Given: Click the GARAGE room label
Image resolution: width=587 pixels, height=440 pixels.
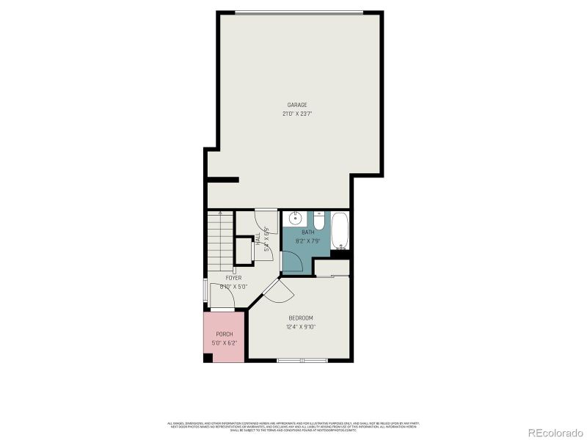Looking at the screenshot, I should tap(296, 105).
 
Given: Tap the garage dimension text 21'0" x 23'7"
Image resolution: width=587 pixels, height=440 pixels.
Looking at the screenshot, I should tap(296, 114).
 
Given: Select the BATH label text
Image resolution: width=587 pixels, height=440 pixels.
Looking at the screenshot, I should tap(307, 232).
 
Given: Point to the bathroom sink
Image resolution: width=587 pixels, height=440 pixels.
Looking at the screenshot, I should tap(294, 218).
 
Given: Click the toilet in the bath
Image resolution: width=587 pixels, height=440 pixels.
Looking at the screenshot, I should tap(319, 219).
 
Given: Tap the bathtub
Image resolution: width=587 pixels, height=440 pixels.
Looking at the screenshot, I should tap(340, 231).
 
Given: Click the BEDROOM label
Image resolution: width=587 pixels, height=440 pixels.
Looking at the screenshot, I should tap(301, 318).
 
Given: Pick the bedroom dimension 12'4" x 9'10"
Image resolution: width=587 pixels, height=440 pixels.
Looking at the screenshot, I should tap(301, 326).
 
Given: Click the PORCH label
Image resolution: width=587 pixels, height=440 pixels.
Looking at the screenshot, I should tap(224, 334).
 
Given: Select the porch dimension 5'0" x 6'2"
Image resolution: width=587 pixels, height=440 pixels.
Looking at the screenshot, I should tap(224, 342).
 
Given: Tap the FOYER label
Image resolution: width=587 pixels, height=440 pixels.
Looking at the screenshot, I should tap(233, 278).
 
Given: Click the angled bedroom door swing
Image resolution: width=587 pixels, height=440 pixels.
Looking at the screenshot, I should tap(279, 291).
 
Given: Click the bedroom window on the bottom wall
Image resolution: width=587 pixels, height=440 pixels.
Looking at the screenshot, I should tap(302, 360).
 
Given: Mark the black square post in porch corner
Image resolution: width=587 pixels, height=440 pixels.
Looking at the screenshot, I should tap(208, 358).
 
